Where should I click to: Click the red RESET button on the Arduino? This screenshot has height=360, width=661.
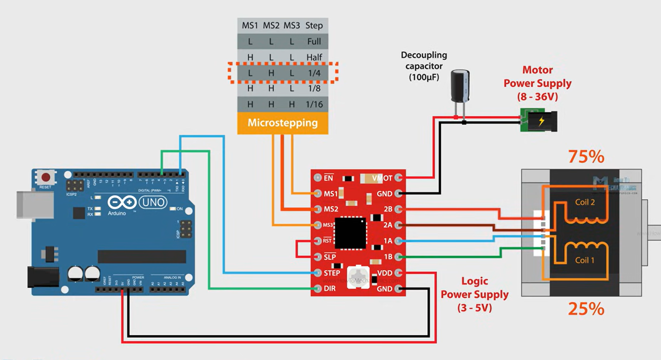[x=46, y=177]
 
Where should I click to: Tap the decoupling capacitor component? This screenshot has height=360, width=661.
[x=460, y=86]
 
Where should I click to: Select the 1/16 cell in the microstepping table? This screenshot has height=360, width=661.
[x=314, y=104]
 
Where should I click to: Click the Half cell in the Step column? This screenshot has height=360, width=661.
[x=314, y=57]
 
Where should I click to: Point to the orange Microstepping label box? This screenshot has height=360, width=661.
[x=283, y=123]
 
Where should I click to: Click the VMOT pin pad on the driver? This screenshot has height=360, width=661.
[x=399, y=178]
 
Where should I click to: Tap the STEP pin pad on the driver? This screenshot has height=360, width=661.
[x=318, y=273]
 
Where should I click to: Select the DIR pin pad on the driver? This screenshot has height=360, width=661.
[x=318, y=288]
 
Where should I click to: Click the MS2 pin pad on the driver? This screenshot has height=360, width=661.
[x=318, y=209]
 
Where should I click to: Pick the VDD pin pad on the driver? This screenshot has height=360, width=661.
[x=399, y=273]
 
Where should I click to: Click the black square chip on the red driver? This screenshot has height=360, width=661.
[x=350, y=233]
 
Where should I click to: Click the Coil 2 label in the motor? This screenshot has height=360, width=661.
[x=585, y=202]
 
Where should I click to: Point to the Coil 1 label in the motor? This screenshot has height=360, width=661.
[x=585, y=260]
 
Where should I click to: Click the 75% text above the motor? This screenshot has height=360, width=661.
[x=586, y=157]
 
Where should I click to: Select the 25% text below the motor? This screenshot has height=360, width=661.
[x=586, y=309]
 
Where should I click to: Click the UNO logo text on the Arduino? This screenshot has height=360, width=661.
[x=153, y=202]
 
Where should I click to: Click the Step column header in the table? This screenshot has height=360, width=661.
[x=314, y=26]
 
